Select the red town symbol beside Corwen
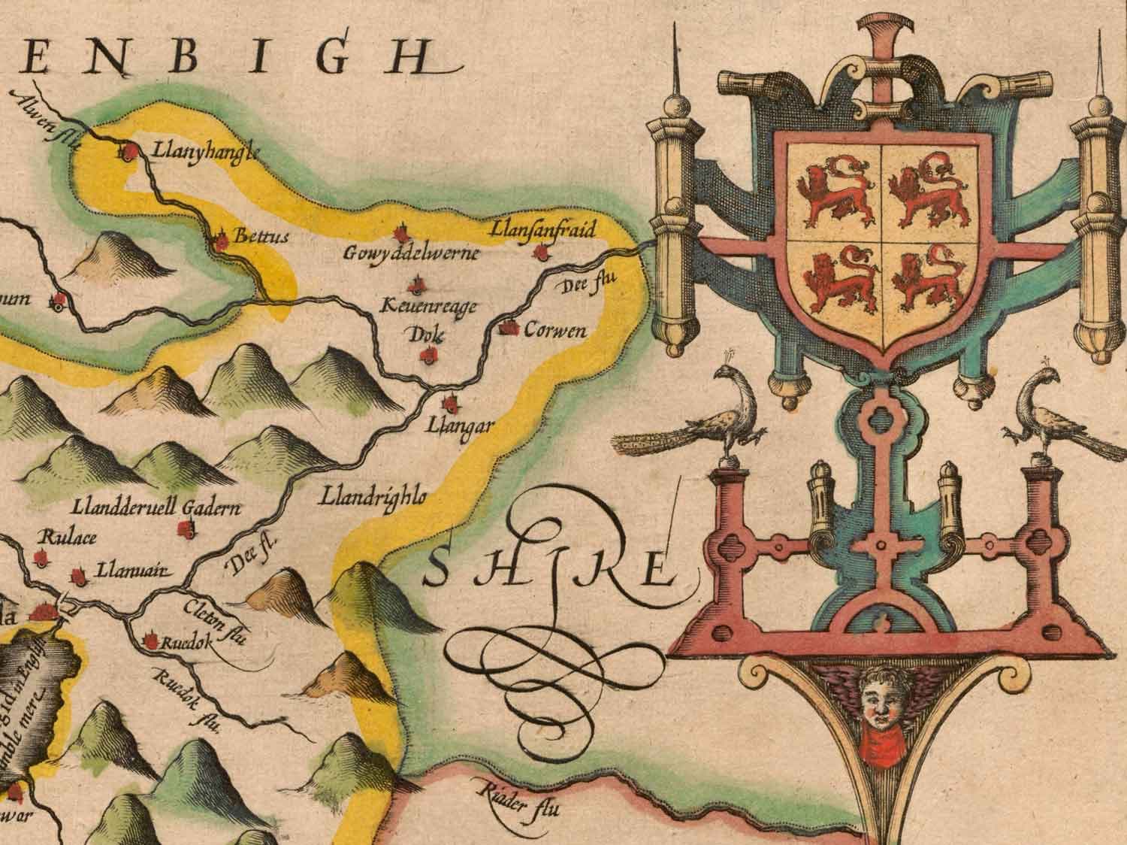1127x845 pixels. (512, 329)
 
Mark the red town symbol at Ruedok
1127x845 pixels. (150, 641)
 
